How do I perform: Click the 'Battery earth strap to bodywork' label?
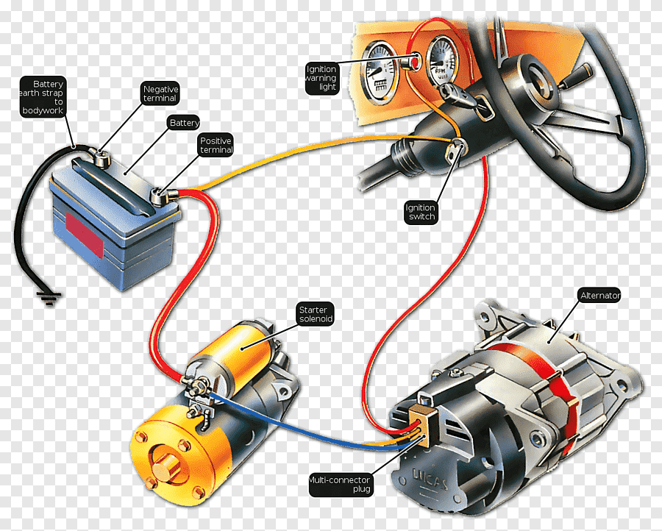(x=42, y=97)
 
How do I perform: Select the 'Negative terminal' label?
(x=160, y=93)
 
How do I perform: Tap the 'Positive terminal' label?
(x=216, y=145)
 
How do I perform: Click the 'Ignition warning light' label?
(x=322, y=78)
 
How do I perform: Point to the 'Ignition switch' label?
(x=421, y=212)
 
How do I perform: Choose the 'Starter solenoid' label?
(x=316, y=314)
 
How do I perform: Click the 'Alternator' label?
(x=599, y=296)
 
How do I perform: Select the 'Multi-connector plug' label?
(x=341, y=484)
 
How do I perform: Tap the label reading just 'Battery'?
(x=184, y=123)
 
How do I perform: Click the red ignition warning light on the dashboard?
(x=415, y=62)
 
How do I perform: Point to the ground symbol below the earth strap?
(x=49, y=298)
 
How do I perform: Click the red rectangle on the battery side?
(x=85, y=235)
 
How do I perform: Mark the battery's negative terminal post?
(x=101, y=157)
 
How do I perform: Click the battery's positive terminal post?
(x=160, y=196)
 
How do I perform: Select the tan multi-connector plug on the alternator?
(x=424, y=424)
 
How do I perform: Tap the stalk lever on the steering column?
(x=576, y=75)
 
